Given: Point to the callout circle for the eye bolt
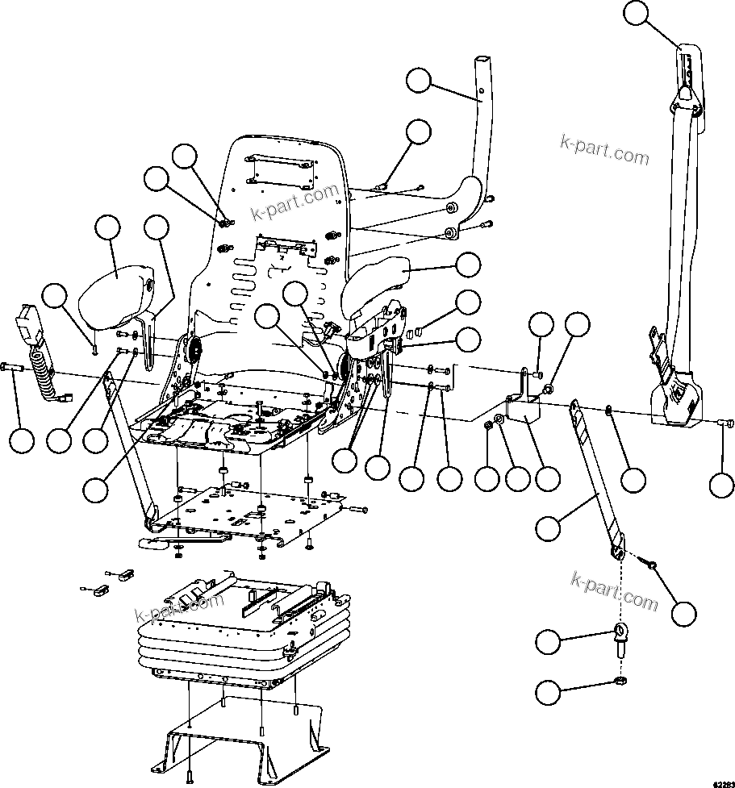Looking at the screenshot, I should [x=549, y=643].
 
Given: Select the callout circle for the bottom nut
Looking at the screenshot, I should [x=549, y=691].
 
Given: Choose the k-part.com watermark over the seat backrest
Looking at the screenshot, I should [x=295, y=202].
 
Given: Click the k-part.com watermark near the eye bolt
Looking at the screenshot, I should [x=614, y=591].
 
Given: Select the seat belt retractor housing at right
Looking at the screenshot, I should [x=676, y=395].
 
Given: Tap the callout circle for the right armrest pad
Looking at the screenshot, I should [x=468, y=265].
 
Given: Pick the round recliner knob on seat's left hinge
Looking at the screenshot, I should [x=192, y=351].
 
